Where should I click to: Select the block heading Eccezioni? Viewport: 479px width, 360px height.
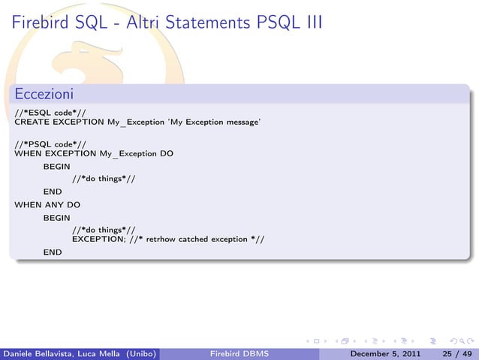pyautogui.click(x=43, y=95)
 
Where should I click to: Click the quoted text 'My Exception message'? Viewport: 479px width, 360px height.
pyautogui.click(x=215, y=121)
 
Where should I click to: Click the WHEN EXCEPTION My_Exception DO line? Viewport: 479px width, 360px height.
pyautogui.click(x=94, y=153)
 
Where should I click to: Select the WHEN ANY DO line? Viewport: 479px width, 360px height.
pyautogui.click(x=47, y=204)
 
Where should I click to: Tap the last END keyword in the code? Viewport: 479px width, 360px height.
pyautogui.click(x=53, y=253)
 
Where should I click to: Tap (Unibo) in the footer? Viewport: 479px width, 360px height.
pyautogui.click(x=140, y=353)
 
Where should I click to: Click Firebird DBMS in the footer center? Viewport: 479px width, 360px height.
pyautogui.click(x=238, y=353)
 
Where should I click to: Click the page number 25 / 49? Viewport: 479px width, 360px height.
pyautogui.click(x=456, y=353)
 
